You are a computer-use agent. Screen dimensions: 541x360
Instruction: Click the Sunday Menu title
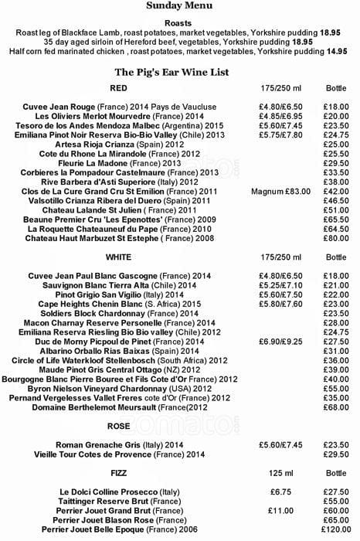(x=179, y=6)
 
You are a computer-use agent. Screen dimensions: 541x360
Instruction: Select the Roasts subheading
(x=179, y=24)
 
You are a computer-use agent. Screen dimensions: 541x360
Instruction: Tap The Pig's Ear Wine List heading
(x=179, y=72)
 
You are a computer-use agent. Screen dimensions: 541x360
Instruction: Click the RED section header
(x=120, y=89)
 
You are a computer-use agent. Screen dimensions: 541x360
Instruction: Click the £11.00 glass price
(x=278, y=511)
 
